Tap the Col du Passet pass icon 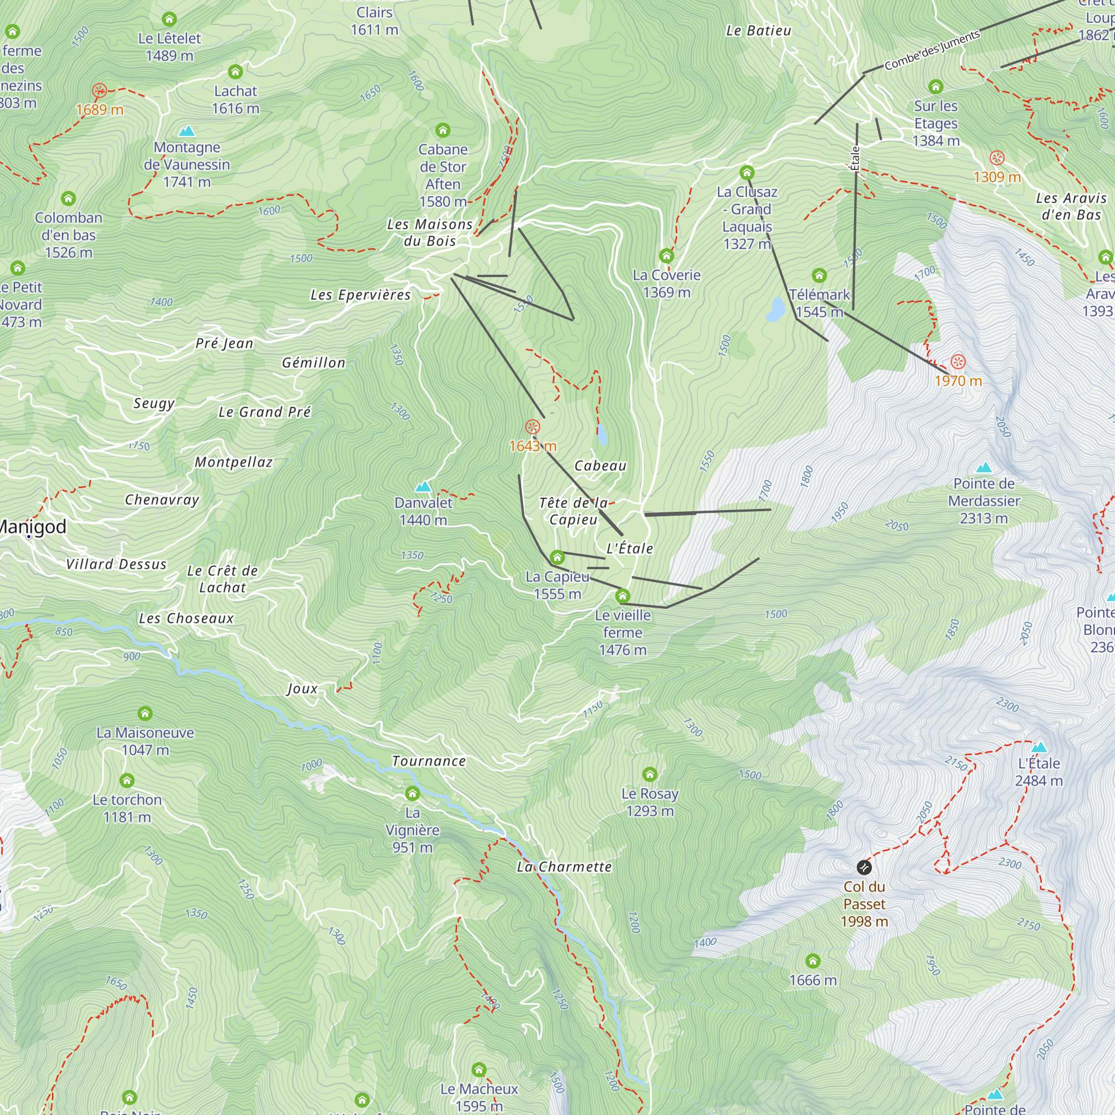pos(864,867)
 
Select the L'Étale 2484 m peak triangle pos(1039,748)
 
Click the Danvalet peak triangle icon pos(423,487)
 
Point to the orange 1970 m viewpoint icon pos(958,362)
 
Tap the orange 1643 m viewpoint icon pos(532,427)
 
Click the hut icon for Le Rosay pos(650,774)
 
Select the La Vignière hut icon pos(412,793)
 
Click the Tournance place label pos(429,761)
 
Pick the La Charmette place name pos(564,867)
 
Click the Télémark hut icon pos(819,275)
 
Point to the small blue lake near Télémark pos(775,309)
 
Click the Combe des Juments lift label pos(932,50)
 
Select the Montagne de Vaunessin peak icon pos(186,132)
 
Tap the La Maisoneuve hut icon pos(145,714)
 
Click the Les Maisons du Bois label pos(429,232)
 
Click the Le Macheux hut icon pos(479,1070)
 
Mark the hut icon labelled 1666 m pos(813,961)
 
